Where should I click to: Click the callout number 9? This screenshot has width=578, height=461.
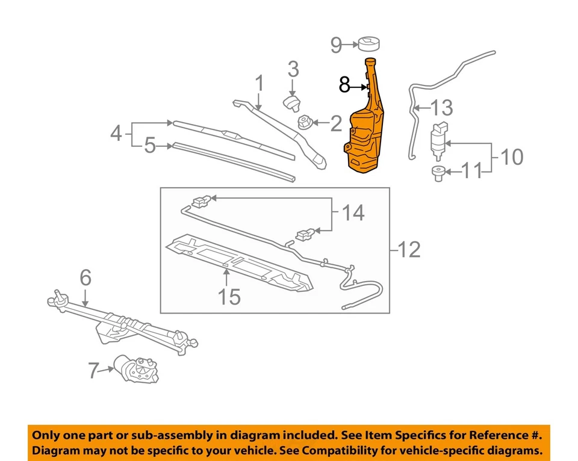tap(336, 45)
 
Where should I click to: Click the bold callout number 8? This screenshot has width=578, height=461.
tap(344, 85)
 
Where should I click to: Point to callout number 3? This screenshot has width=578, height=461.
tap(293, 69)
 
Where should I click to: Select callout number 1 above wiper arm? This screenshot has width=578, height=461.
tap(259, 83)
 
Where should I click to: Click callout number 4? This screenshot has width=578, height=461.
tap(116, 133)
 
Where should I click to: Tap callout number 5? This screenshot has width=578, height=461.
tap(150, 146)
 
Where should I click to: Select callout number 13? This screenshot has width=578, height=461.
tap(441, 108)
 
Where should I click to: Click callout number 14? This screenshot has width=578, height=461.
tap(353, 212)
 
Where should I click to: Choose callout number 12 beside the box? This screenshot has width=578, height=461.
tap(409, 249)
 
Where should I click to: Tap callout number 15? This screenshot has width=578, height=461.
tap(228, 296)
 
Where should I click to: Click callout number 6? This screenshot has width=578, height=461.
tap(85, 277)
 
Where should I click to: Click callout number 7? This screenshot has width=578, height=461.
tap(93, 371)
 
